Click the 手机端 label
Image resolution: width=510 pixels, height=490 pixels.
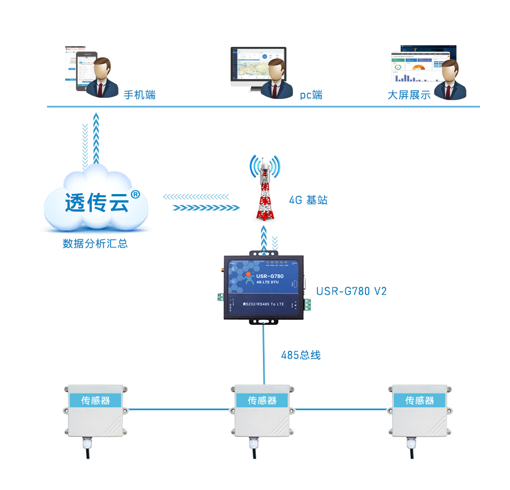pos(139,95)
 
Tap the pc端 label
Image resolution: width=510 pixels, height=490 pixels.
pos(311,95)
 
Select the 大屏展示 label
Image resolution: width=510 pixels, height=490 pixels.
pos(409,95)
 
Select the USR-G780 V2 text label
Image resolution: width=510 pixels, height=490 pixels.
pos(351,291)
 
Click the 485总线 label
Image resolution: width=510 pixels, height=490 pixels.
pos(301,355)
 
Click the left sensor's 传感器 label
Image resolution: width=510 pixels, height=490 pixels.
pos(95,401)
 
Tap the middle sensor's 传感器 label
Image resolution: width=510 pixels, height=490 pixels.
pos(262,401)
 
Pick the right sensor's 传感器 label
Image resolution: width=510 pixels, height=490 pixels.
pos(419,401)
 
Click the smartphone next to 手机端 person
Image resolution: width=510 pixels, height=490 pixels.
pos(83,71)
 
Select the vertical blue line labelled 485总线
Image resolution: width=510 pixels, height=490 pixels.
pos(264,354)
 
